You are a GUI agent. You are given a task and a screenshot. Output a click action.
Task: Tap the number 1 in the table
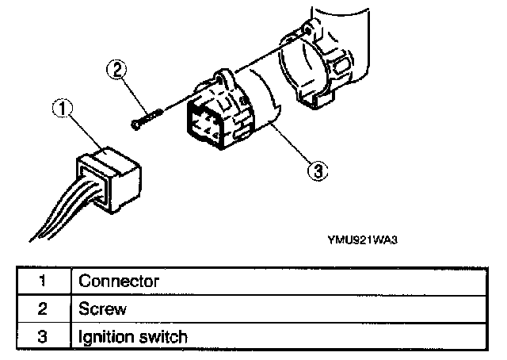pyautogui.click(x=42, y=281)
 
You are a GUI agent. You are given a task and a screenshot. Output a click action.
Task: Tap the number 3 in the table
pyautogui.click(x=42, y=337)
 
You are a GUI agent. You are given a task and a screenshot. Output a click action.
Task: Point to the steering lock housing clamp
pyautogui.click(x=316, y=67)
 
